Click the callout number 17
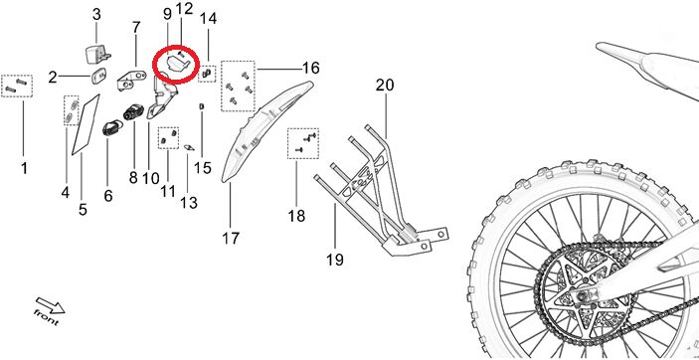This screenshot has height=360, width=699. pyautogui.click(x=231, y=239)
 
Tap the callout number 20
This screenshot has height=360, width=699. pyautogui.click(x=385, y=85)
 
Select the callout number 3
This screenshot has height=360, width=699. pyautogui.click(x=96, y=14)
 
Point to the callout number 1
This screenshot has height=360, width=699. pyautogui.click(x=24, y=168)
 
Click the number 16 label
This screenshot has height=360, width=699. pyautogui.click(x=310, y=69)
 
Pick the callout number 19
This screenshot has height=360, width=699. pyautogui.click(x=335, y=259)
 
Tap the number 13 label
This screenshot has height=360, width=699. pyautogui.click(x=189, y=203)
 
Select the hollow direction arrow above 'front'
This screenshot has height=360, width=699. pyautogui.click(x=51, y=304)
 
